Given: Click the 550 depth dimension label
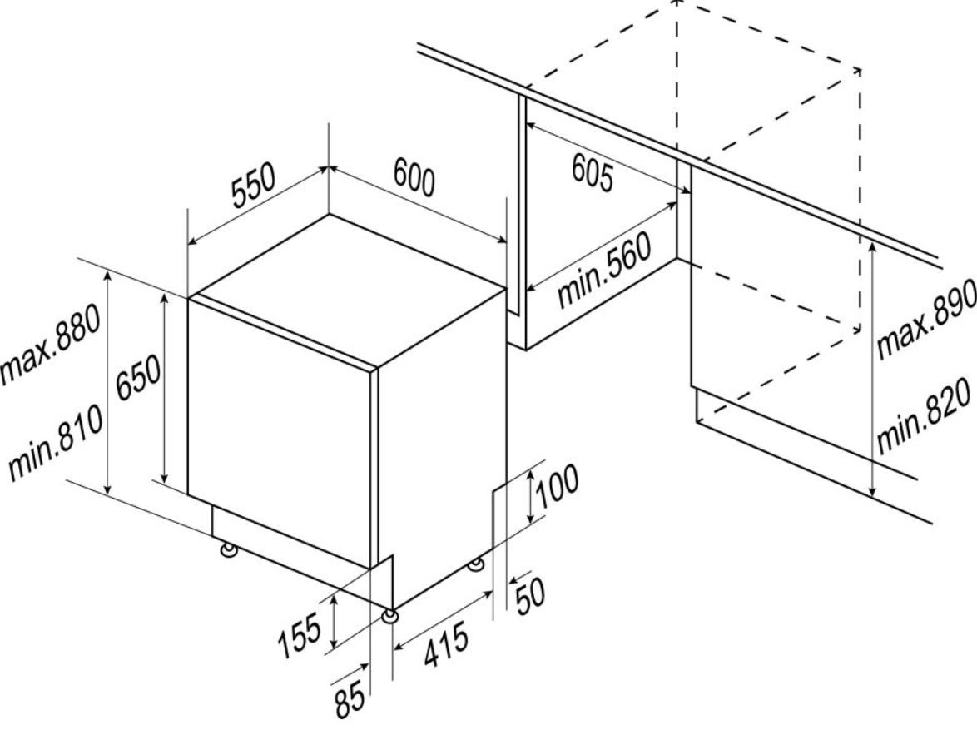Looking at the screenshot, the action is (x=253, y=185).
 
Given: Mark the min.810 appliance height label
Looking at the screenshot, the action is (x=54, y=442).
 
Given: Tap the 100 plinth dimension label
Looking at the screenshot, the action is (x=557, y=486).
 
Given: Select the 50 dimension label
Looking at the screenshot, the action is (x=530, y=595).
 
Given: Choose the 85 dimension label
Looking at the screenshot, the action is (x=350, y=699).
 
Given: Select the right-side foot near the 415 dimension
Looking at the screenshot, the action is (x=477, y=564).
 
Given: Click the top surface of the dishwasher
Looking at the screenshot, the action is (x=346, y=289).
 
